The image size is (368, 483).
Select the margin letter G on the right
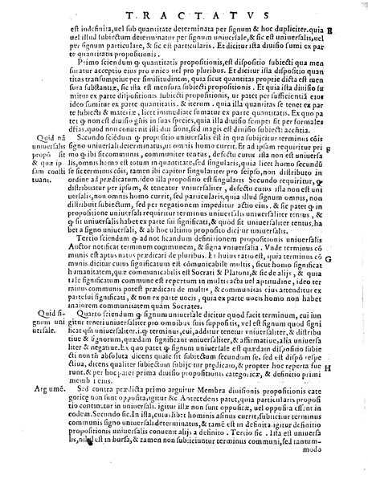tap(352, 261)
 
